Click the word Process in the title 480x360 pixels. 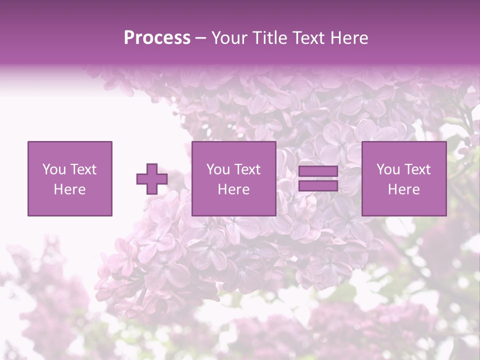(157, 38)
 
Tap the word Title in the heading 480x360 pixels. (269, 38)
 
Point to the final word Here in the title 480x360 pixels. (349, 38)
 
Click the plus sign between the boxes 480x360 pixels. (152, 179)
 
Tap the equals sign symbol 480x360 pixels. (318, 179)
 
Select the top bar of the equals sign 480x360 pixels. (318, 171)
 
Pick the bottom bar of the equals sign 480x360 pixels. (318, 186)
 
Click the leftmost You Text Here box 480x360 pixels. (69, 179)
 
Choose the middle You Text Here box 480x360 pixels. (233, 179)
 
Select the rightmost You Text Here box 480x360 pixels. (403, 179)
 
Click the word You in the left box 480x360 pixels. (54, 169)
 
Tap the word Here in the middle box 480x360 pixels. (233, 189)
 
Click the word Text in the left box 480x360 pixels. (83, 169)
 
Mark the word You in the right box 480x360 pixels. (388, 169)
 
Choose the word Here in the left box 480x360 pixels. (69, 189)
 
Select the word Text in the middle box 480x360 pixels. (247, 169)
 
